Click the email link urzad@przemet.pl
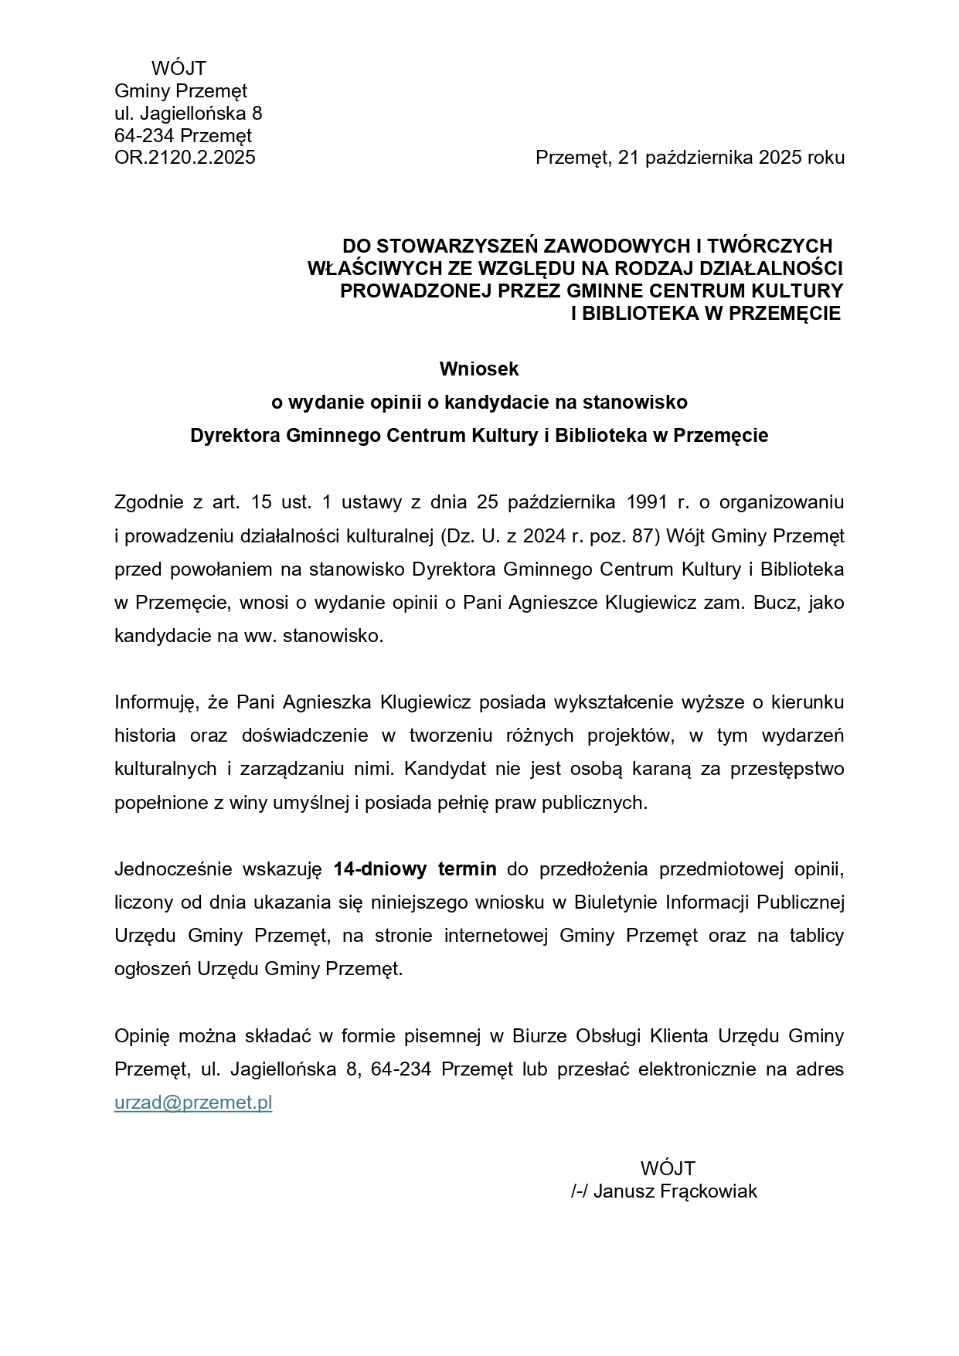point(193,1103)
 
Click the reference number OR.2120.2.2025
point(185,158)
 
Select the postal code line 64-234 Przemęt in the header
point(183,136)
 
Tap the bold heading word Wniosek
point(479,369)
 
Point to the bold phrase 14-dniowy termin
point(415,868)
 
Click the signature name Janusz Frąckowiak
point(675,1191)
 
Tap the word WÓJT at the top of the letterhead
point(179,69)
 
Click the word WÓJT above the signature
point(668,1167)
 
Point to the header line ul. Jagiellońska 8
point(189,114)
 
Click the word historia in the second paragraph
point(145,736)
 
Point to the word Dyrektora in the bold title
point(235,436)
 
